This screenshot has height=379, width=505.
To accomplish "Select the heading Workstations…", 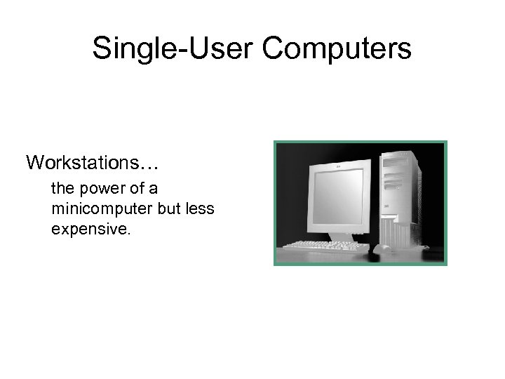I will tap(93, 163).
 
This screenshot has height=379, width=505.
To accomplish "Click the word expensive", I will tap(90, 229).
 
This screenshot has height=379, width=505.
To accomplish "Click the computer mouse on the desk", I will tap(382, 248).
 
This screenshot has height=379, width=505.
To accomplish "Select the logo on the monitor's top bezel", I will tap(338, 166).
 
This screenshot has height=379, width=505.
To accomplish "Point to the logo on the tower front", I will tap(386, 206).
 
